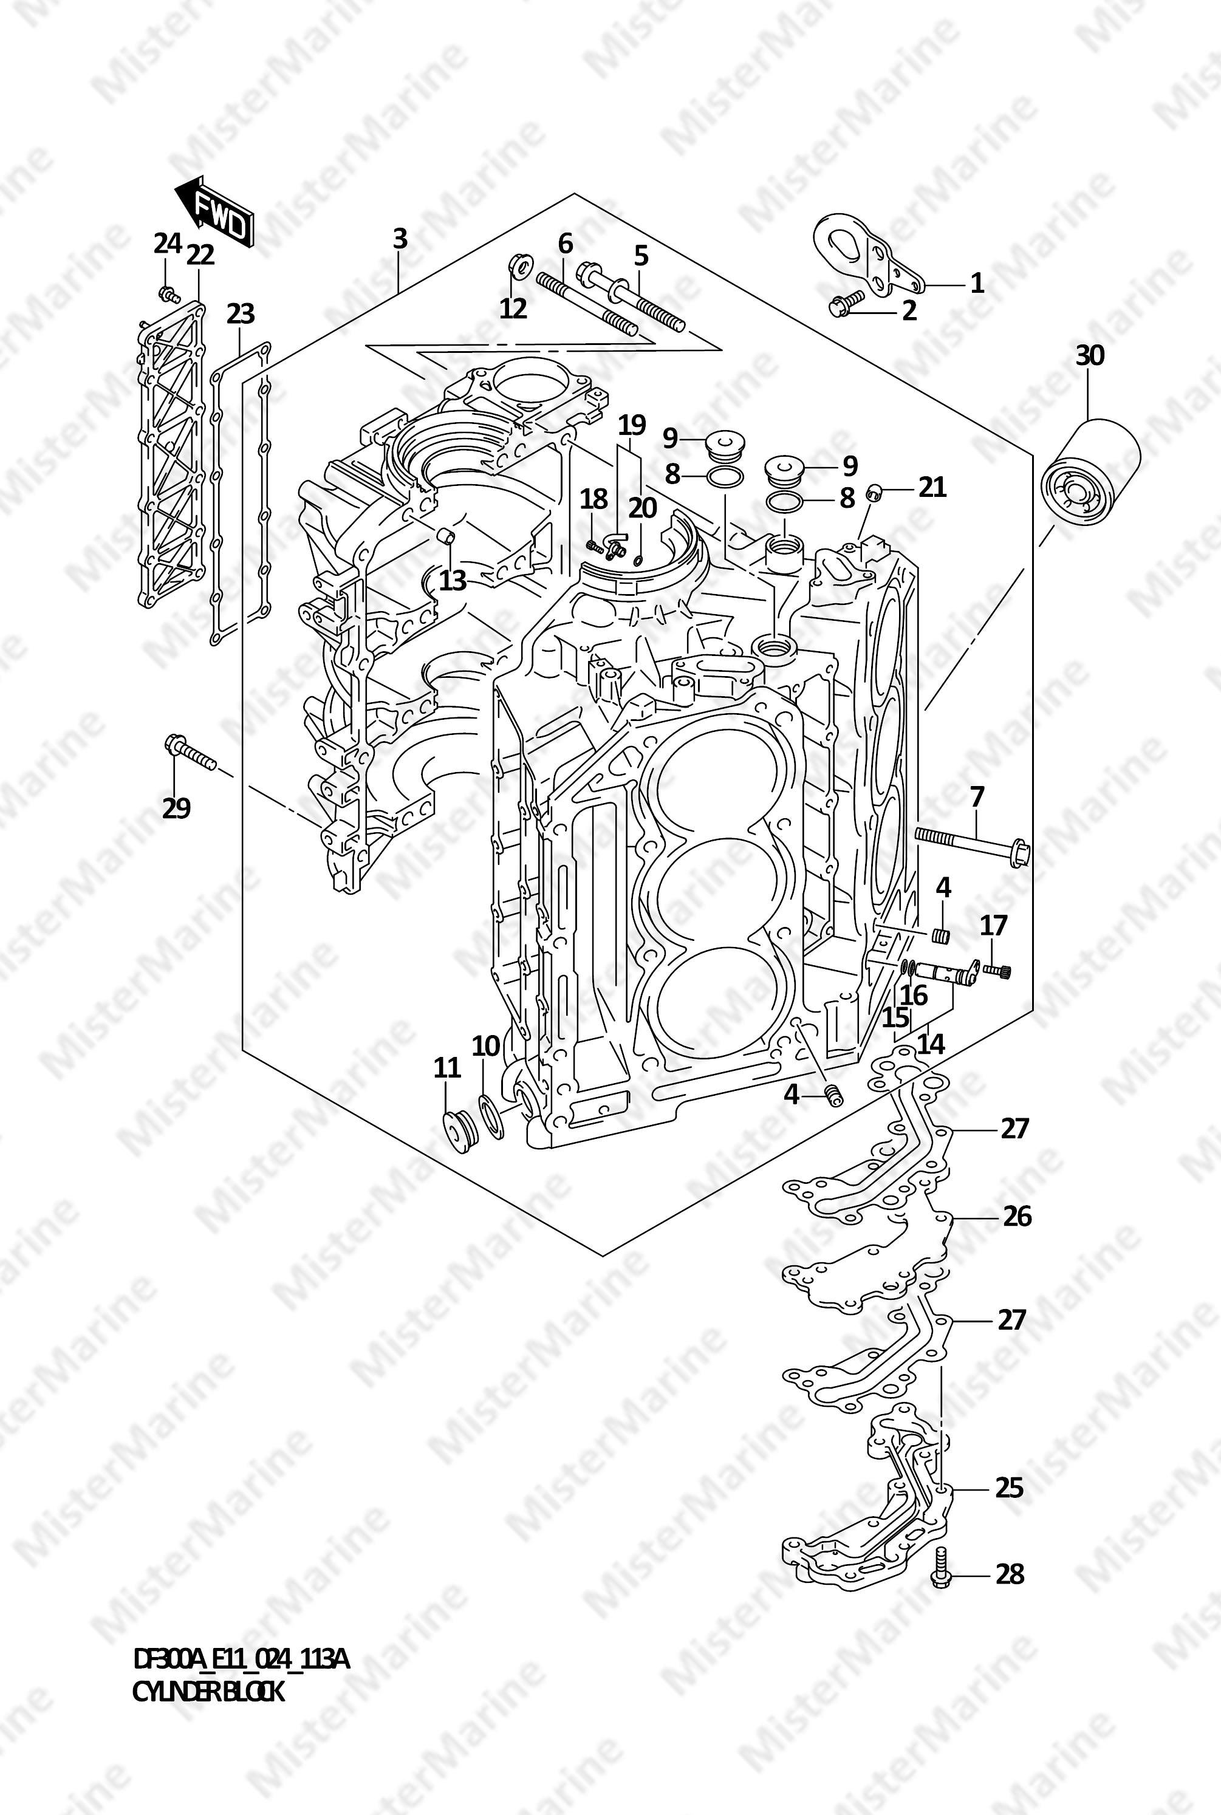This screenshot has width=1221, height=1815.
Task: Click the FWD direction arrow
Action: (213, 211)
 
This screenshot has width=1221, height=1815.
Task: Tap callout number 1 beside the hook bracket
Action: (976, 282)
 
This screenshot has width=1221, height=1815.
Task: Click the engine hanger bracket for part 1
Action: (868, 255)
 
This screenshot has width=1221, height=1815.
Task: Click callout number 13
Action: (453, 579)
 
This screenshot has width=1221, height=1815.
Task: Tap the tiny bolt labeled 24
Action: (166, 293)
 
